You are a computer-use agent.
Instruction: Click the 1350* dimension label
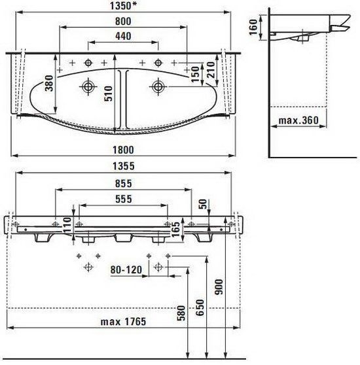click(123, 6)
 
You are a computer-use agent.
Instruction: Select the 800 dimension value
click(123, 22)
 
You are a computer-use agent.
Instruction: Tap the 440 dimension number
click(123, 37)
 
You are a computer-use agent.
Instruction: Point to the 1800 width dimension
click(123, 150)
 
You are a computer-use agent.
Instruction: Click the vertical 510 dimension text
click(108, 94)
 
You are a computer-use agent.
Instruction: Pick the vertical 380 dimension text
click(49, 83)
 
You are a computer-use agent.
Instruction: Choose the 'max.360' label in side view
click(298, 120)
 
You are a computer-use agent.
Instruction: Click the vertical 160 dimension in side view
click(253, 27)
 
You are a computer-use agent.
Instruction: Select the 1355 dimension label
click(124, 166)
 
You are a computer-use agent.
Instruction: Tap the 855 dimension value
click(124, 184)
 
